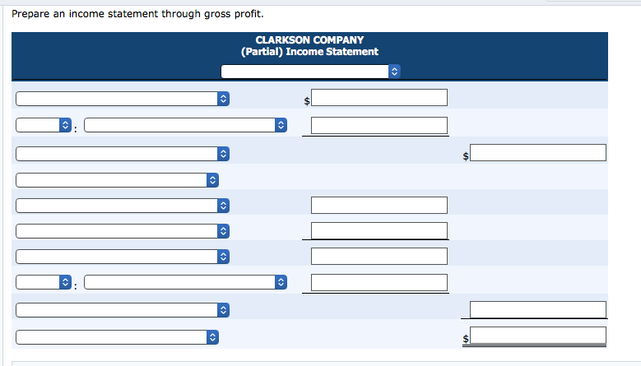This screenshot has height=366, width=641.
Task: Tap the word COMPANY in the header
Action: tap(338, 40)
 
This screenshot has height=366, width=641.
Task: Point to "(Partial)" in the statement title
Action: tap(262, 52)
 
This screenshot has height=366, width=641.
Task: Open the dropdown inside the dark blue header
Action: tap(310, 72)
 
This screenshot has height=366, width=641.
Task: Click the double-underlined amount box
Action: tap(538, 336)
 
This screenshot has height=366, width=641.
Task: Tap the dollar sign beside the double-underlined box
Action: tap(466, 339)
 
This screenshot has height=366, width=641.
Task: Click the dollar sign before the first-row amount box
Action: tap(307, 101)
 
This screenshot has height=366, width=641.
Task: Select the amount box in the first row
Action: tap(379, 98)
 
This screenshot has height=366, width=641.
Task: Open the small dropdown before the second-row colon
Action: tap(44, 125)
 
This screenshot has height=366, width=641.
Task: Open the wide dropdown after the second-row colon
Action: tap(186, 125)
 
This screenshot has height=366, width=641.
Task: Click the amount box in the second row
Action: tap(379, 125)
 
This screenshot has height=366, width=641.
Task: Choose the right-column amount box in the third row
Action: tap(538, 152)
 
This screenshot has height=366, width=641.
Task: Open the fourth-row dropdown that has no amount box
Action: tap(118, 180)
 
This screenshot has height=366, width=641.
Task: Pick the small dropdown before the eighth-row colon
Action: tap(44, 282)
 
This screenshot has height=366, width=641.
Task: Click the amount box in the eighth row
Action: tap(379, 283)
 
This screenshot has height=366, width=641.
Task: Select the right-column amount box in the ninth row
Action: tap(538, 309)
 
